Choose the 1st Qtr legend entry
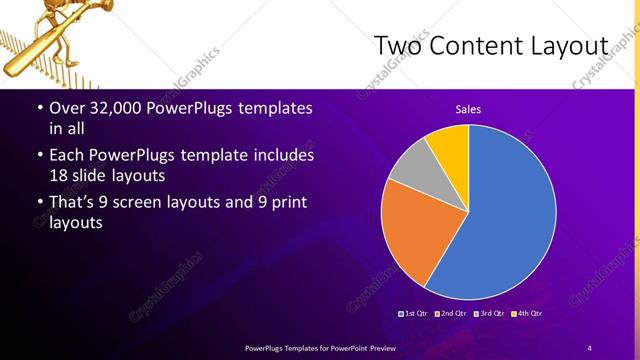(414, 313)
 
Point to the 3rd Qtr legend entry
(490, 313)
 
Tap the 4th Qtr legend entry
(527, 313)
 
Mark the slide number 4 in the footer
(589, 347)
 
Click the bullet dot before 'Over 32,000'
(38, 108)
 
